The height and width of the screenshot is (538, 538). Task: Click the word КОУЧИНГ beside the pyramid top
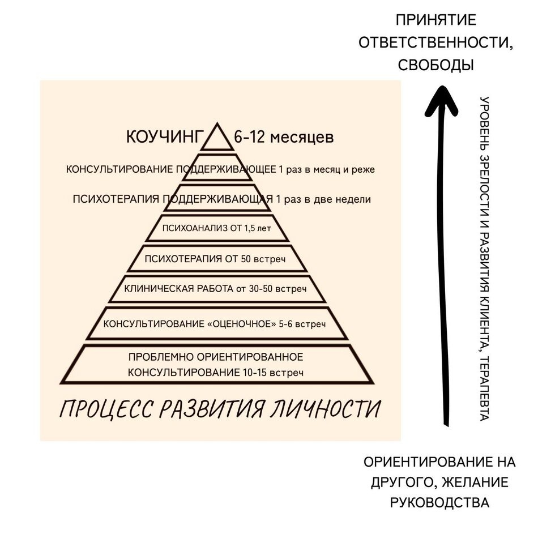(164, 137)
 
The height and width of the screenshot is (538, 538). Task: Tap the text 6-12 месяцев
(284, 137)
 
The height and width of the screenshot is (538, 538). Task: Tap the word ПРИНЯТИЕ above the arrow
(435, 21)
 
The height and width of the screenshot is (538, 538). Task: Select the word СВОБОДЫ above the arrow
(435, 65)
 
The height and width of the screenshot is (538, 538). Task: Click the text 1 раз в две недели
(322, 199)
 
